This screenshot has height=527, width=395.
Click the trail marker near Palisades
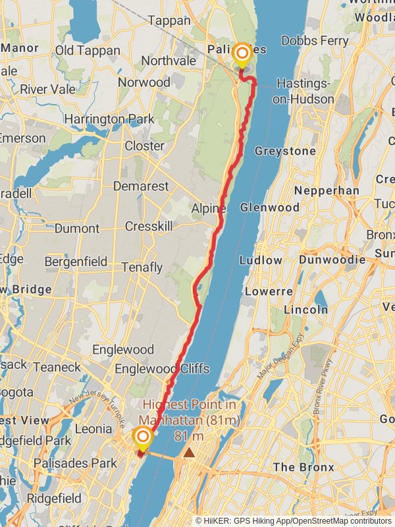point(242,54)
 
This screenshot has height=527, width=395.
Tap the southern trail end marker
point(142,437)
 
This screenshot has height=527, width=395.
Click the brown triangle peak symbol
point(190,453)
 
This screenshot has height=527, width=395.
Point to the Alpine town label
point(209,208)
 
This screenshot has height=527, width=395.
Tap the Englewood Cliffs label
point(162,368)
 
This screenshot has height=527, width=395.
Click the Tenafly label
point(142,267)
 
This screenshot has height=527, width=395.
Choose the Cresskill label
point(148,226)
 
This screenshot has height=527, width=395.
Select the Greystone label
point(285,151)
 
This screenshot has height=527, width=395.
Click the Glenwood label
point(270,207)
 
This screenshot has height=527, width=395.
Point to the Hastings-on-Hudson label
point(305,92)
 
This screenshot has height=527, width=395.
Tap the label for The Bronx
point(303,467)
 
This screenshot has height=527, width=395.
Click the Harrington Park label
point(109,119)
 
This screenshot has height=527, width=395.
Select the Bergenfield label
point(76,262)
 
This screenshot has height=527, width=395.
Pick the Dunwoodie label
point(332,260)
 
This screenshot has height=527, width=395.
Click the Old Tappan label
point(88,51)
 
